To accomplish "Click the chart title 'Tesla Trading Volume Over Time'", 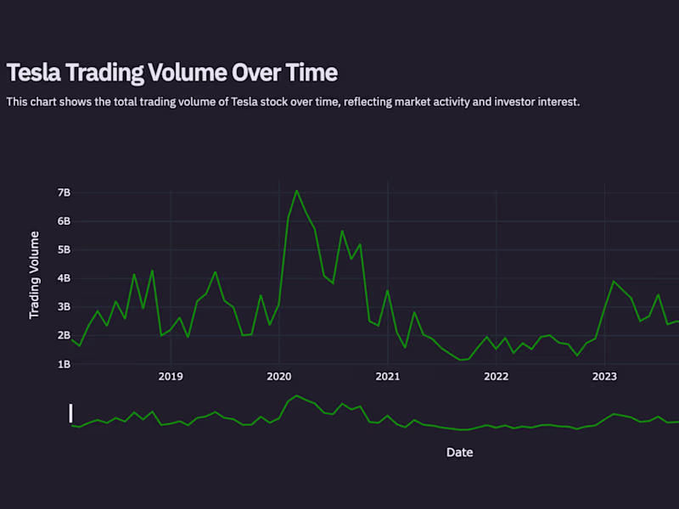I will click(x=171, y=73).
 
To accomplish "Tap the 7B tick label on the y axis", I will click(x=64, y=193).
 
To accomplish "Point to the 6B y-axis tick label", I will click(x=64, y=221).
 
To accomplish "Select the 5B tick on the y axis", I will click(x=64, y=250).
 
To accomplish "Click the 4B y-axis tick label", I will click(x=64, y=278).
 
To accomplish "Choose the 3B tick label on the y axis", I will click(x=64, y=307).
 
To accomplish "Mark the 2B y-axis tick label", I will click(x=64, y=336).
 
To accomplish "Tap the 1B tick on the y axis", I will click(x=64, y=364).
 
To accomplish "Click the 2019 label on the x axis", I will click(x=171, y=376).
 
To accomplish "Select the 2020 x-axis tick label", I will click(x=279, y=376).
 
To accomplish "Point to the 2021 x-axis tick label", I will click(x=388, y=376).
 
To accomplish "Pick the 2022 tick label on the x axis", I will click(x=496, y=376).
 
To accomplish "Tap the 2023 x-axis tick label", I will click(x=604, y=376).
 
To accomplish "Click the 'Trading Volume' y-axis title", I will click(x=35, y=274).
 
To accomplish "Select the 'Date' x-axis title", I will click(x=459, y=453).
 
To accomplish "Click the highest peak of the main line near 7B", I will click(x=296, y=191).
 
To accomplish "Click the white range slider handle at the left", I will click(x=71, y=413).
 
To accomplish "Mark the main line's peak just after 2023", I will click(x=614, y=281).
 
